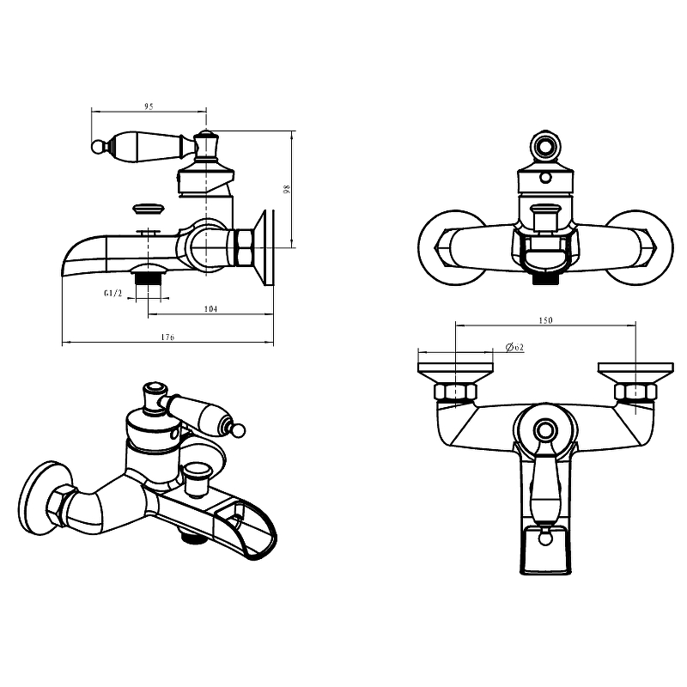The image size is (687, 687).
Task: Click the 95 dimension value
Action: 149,106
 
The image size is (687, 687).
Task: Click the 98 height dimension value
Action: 287,189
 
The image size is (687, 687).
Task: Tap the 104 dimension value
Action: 210,309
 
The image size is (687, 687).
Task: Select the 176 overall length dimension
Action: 167,337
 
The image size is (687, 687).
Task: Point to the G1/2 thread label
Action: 113,293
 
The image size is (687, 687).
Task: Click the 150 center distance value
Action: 545,320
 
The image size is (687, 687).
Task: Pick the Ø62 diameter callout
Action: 514,348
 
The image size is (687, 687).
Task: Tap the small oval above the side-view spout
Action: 149,208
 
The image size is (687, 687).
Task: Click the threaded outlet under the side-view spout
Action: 149,279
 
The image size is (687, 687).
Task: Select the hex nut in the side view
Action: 244,247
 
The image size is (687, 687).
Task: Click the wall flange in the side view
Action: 264,248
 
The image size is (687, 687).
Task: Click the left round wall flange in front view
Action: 453,247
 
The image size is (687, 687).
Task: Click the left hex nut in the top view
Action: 456,392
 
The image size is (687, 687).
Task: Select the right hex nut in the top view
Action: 635,392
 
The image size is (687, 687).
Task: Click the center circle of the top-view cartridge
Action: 545,430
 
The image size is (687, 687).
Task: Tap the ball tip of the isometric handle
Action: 239,431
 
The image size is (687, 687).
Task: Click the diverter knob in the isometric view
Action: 198,479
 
